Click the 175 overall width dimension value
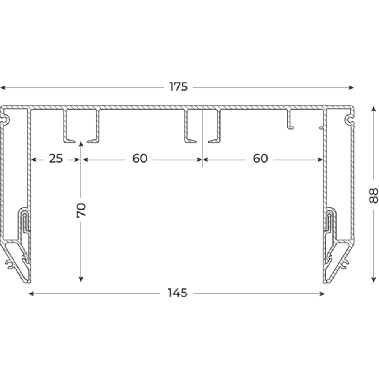coord(179,87)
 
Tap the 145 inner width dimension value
coord(177,293)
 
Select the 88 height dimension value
coord(373,196)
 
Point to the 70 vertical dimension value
coord(81,210)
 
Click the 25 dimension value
coord(56,158)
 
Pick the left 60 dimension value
coord(140,158)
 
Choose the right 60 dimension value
coord(260,158)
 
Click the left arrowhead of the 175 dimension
coord(3,88)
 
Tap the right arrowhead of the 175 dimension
coord(351,88)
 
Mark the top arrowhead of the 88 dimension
coord(373,109)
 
